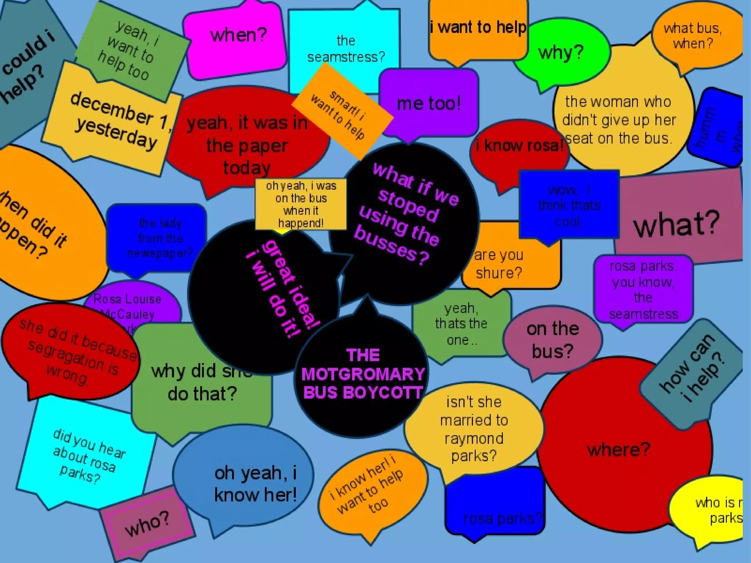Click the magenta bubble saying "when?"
click(238, 36)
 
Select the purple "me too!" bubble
click(428, 103)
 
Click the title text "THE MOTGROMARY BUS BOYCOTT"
click(362, 374)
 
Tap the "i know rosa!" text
click(519, 146)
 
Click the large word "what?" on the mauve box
click(676, 224)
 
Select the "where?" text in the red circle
click(618, 449)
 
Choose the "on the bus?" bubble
click(552, 340)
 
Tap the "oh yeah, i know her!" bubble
click(255, 484)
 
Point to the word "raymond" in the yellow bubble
click(474, 438)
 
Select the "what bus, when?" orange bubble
click(692, 36)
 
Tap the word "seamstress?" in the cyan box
click(346, 57)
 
